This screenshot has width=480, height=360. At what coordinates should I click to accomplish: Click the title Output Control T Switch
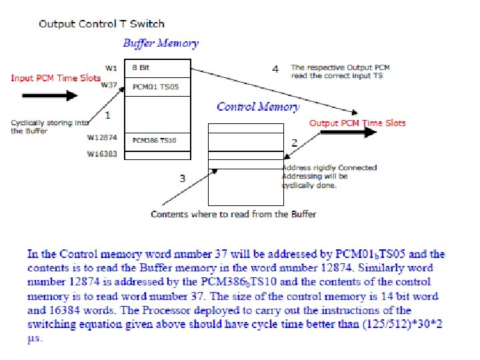[101, 24]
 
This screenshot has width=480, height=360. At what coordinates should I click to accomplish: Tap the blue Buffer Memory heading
[161, 43]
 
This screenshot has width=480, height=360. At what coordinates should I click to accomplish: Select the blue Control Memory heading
[258, 107]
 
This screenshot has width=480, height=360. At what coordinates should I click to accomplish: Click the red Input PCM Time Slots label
[55, 78]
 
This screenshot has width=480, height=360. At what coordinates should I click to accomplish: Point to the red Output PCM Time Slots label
[357, 123]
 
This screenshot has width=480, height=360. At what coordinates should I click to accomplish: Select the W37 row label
[109, 85]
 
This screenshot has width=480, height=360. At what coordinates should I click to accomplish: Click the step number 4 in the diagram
[276, 69]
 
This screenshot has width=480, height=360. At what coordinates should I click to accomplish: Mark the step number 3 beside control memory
[183, 178]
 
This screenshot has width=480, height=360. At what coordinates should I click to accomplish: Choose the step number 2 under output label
[295, 143]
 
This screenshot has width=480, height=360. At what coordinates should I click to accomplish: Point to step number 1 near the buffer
[108, 115]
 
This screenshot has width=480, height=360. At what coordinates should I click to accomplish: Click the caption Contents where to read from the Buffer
[233, 214]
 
